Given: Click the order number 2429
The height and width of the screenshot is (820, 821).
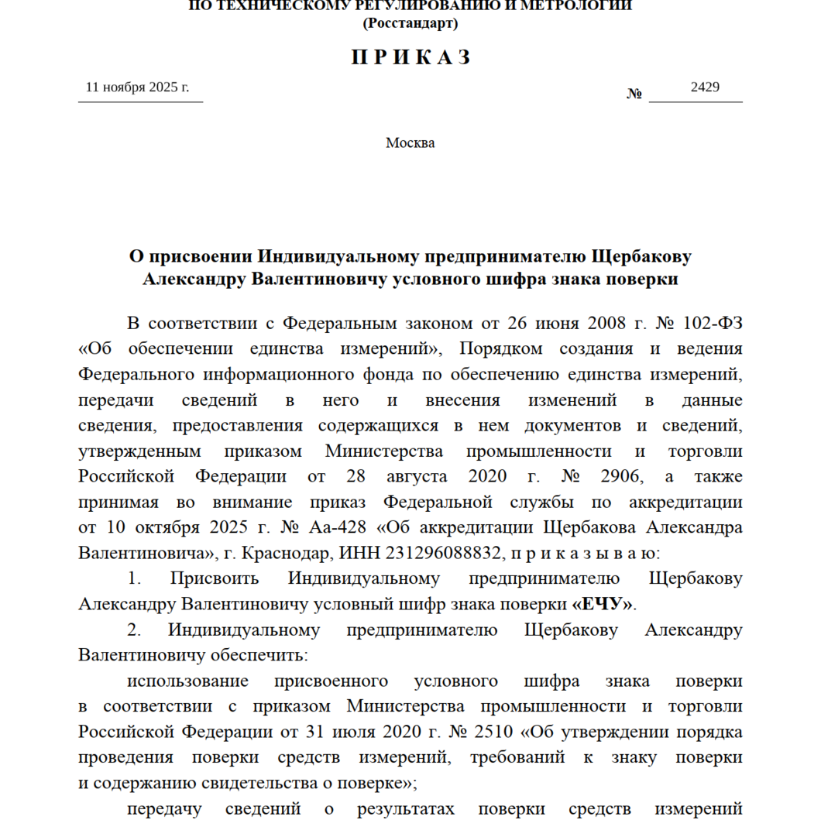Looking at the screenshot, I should click(x=705, y=87).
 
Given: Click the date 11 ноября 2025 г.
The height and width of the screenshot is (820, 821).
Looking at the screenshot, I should click(x=137, y=87).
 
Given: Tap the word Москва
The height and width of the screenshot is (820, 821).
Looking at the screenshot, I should click(x=410, y=142).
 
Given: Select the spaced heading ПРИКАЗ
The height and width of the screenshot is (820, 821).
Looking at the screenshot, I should click(x=410, y=57).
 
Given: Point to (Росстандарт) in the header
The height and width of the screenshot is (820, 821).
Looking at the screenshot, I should click(x=410, y=23).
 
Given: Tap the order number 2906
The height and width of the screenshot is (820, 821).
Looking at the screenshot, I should click(x=617, y=475).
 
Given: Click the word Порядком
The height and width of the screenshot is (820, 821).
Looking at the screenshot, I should click(x=503, y=348).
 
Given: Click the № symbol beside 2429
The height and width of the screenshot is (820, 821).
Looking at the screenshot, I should click(x=635, y=94).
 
